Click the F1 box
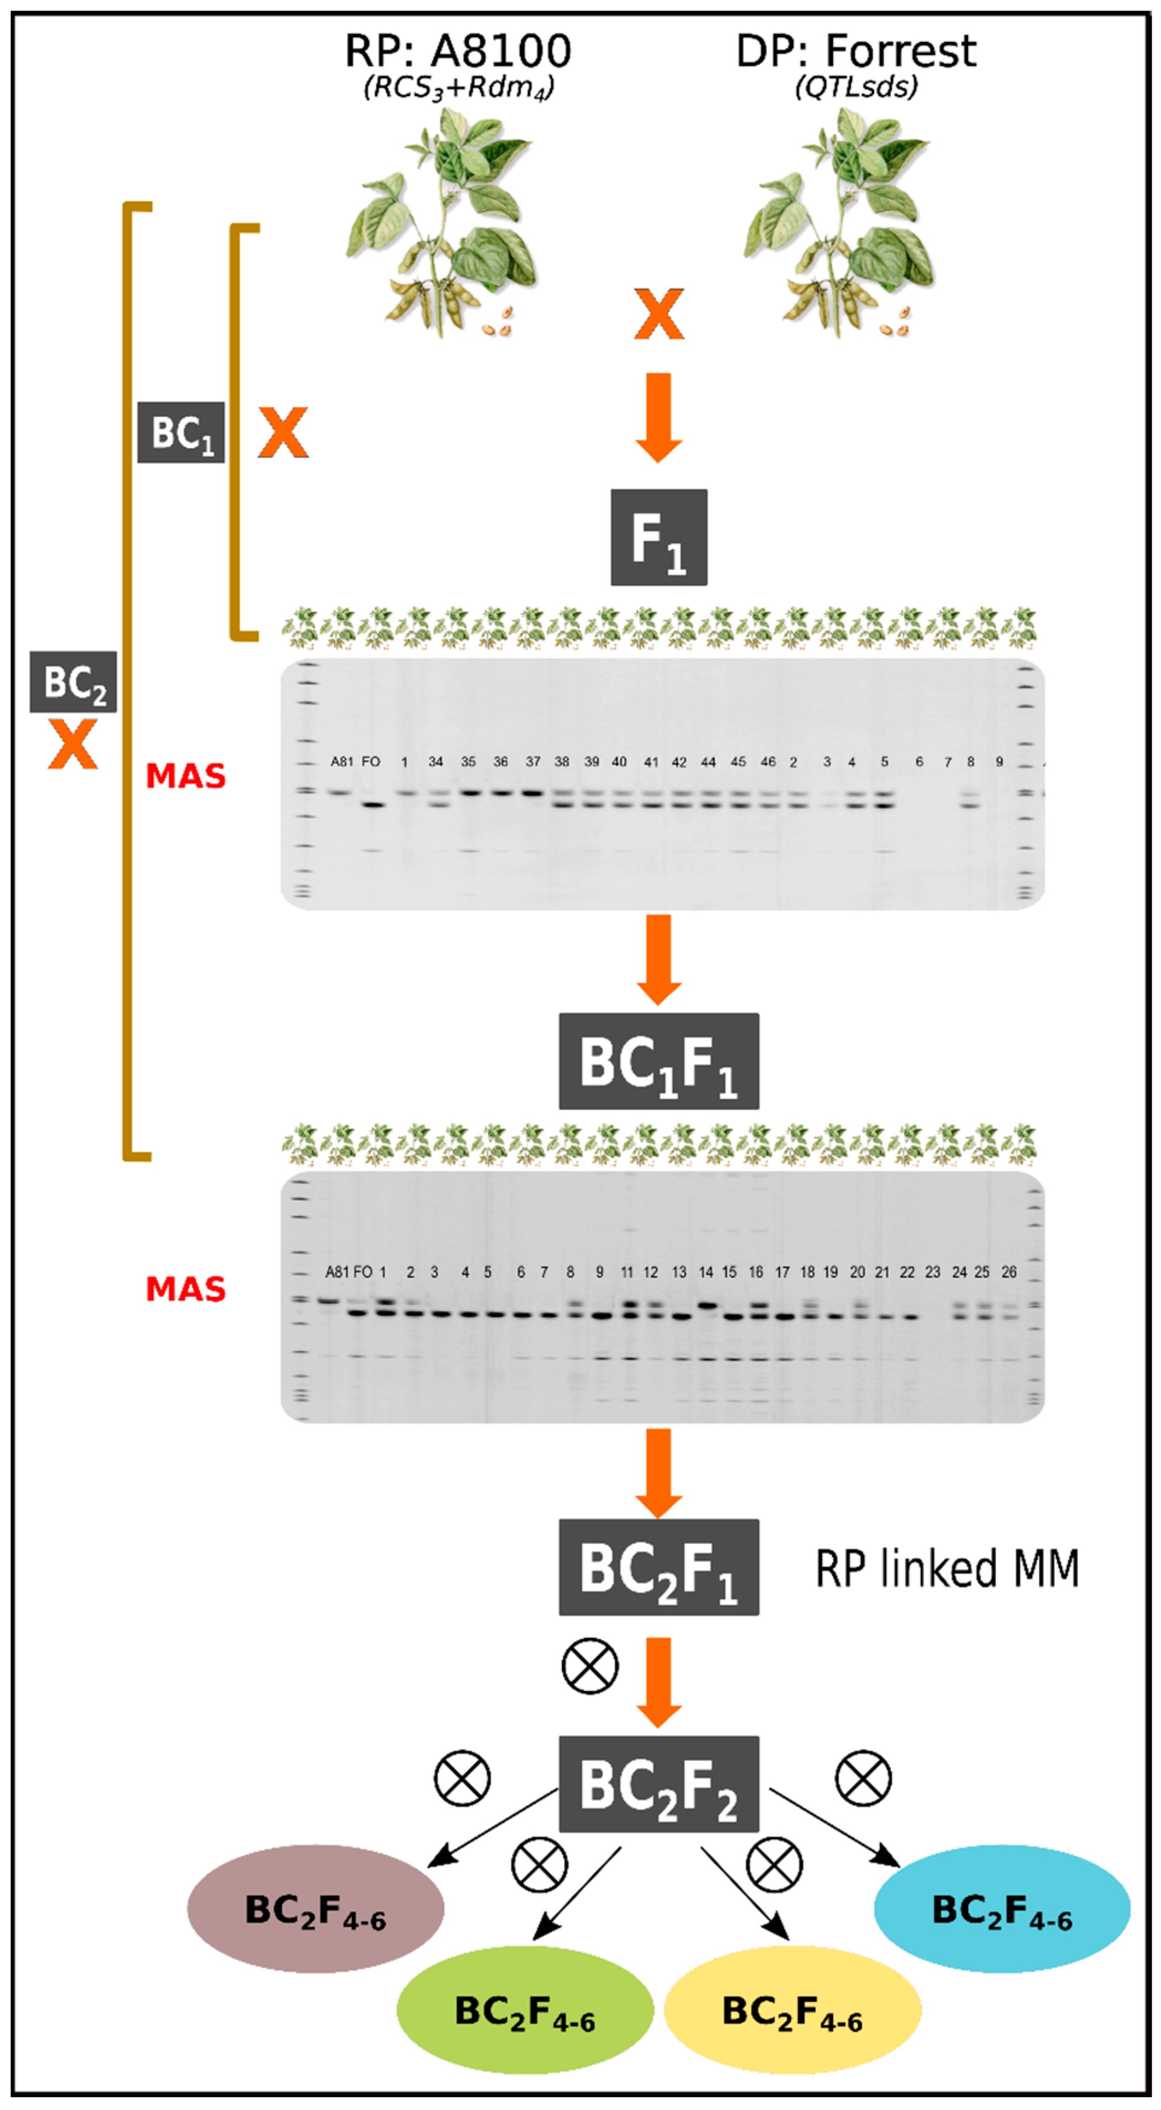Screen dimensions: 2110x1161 [x=659, y=538]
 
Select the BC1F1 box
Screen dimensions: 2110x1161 [x=659, y=1061]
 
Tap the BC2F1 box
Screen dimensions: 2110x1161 [x=659, y=1567]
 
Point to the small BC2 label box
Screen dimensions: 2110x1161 [x=73, y=681]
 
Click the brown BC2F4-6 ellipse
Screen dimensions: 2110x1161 [x=315, y=1909]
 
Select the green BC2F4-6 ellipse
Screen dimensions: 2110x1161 [x=525, y=2009]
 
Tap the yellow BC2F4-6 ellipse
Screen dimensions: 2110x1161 [x=792, y=2009]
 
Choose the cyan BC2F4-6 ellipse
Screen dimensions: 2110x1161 [x=1002, y=1909]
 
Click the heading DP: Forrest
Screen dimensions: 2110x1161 [x=856, y=51]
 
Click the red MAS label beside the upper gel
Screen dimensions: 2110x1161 [x=186, y=775]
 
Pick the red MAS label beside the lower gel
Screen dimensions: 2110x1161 [x=186, y=1289]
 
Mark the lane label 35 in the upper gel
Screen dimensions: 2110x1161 [x=468, y=762]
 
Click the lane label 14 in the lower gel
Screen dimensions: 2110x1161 [x=706, y=1272]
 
